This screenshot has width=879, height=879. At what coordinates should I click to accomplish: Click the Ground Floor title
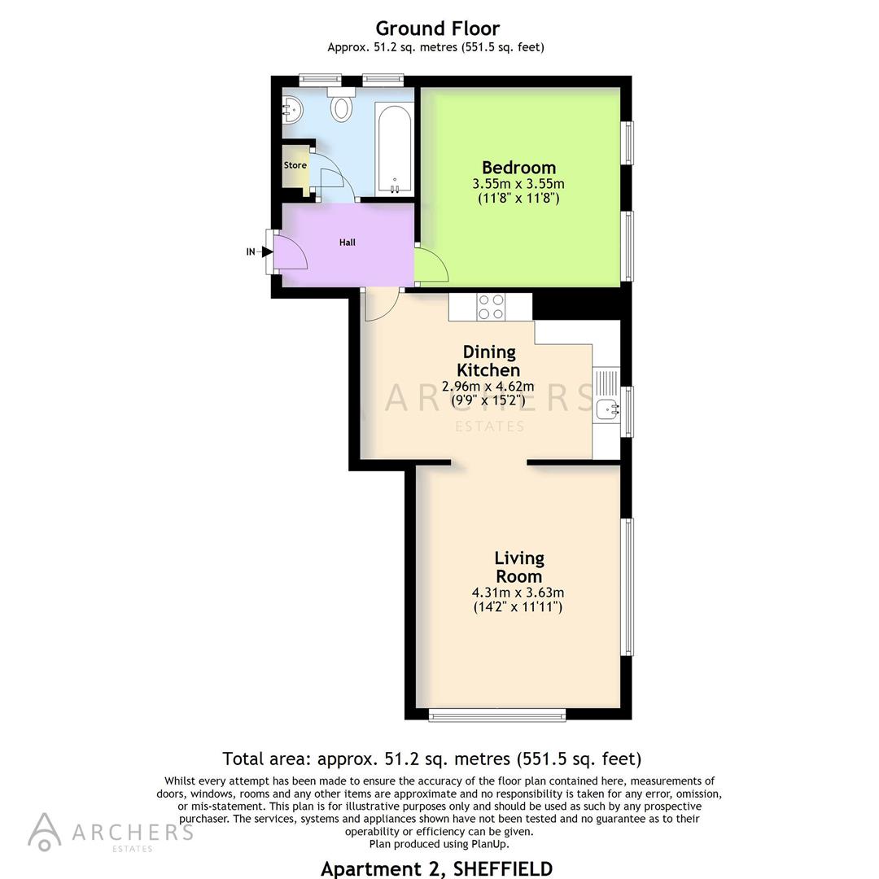coord(437,29)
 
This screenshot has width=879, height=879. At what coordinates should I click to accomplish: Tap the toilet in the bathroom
coord(342,106)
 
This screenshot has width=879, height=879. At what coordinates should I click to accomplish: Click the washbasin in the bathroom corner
coord(291,108)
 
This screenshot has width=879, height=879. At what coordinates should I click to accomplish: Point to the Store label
coord(295,165)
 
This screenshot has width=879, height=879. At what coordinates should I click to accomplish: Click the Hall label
coord(348,242)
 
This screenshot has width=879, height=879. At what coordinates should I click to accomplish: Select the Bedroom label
coord(518,168)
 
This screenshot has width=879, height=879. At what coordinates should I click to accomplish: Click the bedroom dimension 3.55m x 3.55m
coord(518,184)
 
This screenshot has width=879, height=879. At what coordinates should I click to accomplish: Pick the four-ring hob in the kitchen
coord(491,306)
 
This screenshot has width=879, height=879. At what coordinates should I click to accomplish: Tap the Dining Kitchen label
coord(489,361)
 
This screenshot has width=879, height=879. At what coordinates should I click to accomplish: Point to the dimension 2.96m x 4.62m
coord(488,386)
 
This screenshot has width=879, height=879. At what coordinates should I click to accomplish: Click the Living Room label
coord(519,566)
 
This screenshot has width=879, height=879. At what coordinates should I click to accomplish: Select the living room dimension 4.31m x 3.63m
coord(518,593)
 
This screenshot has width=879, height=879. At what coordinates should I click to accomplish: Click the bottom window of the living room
coord(496,715)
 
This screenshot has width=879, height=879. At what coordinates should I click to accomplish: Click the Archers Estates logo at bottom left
coord(110,832)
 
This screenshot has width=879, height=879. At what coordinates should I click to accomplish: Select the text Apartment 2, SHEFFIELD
coord(436,868)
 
